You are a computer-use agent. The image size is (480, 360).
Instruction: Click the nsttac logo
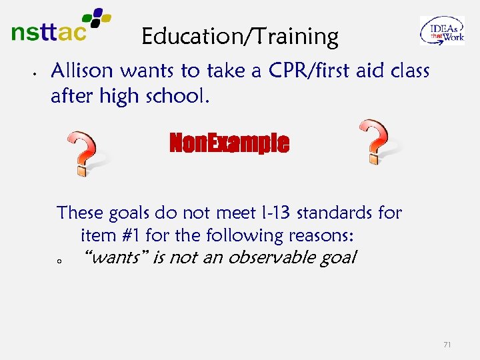pyautogui.click(x=60, y=27)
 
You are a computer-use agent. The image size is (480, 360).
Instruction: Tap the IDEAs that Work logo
pyautogui.click(x=441, y=31)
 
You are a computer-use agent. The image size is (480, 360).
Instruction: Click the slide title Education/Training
pyautogui.click(x=240, y=37)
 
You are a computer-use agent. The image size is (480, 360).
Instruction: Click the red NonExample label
pyautogui.click(x=229, y=143)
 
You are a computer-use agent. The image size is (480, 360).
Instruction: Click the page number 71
pyautogui.click(x=447, y=345)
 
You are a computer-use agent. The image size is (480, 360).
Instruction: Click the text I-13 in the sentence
pyautogui.click(x=274, y=213)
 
